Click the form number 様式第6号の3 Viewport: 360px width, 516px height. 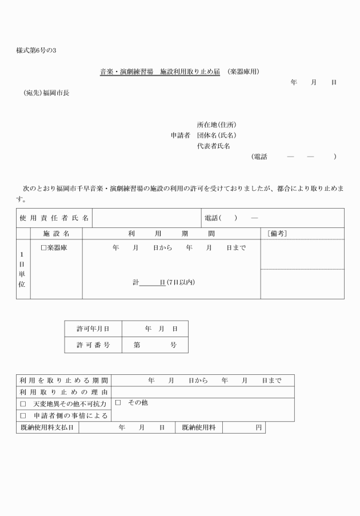pos(37,50)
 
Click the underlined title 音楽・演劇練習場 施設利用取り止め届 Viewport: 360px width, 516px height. pos(159,72)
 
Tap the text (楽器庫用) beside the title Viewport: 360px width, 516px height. pos(243,72)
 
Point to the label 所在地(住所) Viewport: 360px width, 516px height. pos(217,125)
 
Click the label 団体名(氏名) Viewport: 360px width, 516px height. pos(217,135)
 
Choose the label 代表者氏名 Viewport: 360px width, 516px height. pos(214,146)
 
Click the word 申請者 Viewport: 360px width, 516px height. pos(180,135)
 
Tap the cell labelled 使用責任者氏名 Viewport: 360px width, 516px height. pos(54,218)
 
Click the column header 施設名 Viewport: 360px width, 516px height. pos(56,234)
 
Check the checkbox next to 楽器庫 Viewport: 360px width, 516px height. pos(43,248)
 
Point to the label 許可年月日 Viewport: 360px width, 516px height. pos(93,329)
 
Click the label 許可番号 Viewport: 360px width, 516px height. pos(93,345)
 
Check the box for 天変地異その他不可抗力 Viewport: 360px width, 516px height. pos(23,404)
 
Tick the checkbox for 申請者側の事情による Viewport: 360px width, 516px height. pos(23,415)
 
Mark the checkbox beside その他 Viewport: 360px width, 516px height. pos(118,403)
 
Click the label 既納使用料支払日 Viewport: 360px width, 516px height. pos(47,427)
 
